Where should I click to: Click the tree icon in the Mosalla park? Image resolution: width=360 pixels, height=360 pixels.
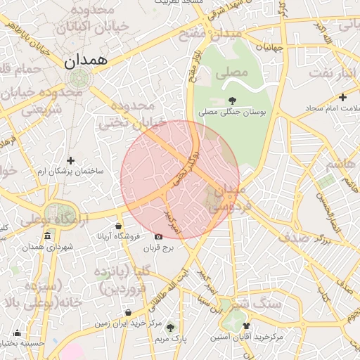click(233, 99)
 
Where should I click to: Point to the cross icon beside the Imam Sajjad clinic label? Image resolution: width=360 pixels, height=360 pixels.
click(342, 97)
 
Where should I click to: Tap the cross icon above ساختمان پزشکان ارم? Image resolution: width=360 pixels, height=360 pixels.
click(70, 160)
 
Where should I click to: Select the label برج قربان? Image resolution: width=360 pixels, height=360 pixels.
click(158, 249)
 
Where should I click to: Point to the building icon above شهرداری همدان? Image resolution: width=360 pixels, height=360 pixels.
click(47, 236)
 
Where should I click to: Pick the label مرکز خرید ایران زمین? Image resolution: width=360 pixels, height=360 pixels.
click(129, 324)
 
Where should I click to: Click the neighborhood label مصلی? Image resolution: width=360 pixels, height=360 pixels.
click(233, 72)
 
